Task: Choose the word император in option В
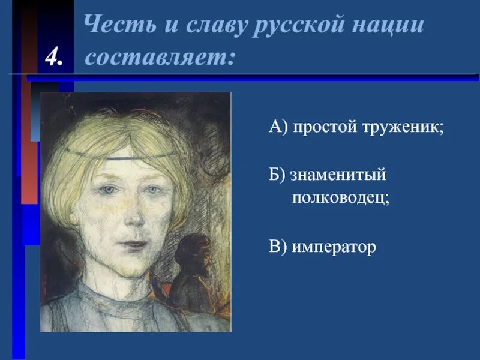click(x=334, y=247)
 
